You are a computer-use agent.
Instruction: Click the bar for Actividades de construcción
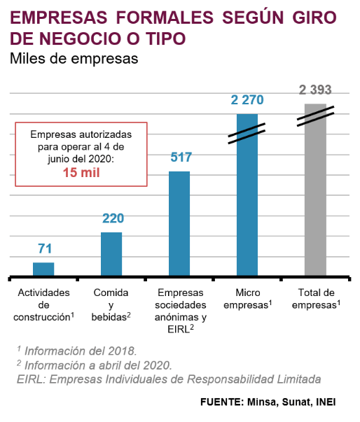click(x=43, y=269)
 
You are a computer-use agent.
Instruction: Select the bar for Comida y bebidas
click(x=111, y=254)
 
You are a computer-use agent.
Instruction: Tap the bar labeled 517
click(x=179, y=223)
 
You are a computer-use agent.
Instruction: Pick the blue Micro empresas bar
click(x=247, y=195)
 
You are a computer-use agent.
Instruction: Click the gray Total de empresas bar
click(x=315, y=190)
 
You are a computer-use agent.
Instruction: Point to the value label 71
click(x=45, y=248)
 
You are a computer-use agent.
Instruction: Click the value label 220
click(x=113, y=218)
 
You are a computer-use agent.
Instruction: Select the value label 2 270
click(x=247, y=100)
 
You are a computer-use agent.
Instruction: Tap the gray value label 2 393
click(x=315, y=90)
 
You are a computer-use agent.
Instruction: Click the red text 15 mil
click(x=81, y=173)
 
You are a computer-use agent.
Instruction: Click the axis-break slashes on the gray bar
click(x=315, y=116)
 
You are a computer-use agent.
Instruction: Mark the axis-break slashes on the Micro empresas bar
click(x=247, y=134)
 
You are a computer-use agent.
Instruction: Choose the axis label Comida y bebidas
click(x=111, y=304)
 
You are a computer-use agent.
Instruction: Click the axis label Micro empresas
click(x=248, y=299)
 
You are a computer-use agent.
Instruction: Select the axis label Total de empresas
click(x=316, y=299)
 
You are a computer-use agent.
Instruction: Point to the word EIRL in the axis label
click(x=179, y=329)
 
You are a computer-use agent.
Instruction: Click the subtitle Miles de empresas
click(x=74, y=58)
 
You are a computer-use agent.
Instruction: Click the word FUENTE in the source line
click(x=222, y=402)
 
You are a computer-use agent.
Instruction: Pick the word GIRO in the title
click(x=314, y=17)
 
